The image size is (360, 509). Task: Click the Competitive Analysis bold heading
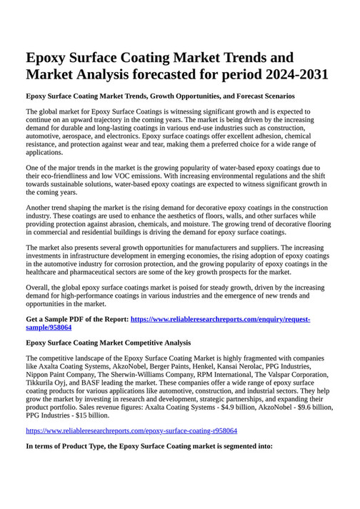[155, 343]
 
